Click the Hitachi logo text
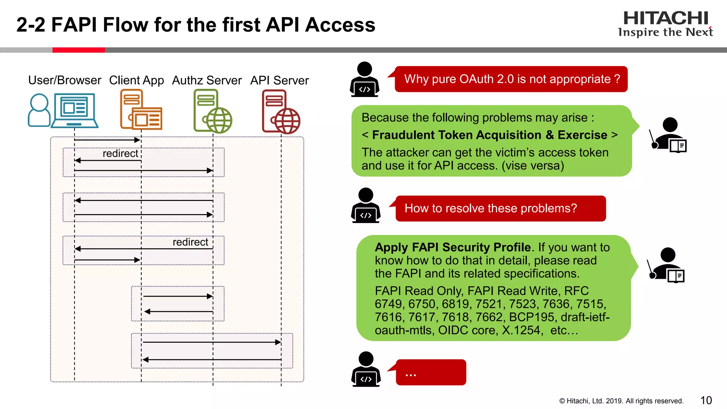pyautogui.click(x=665, y=18)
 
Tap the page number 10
pyautogui.click(x=706, y=400)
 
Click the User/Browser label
pyautogui.click(x=65, y=80)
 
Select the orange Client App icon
pyautogui.click(x=141, y=110)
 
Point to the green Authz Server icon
pyautogui.click(x=212, y=111)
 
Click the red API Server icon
pyautogui.click(x=280, y=111)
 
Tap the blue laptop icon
pyautogui.click(x=75, y=110)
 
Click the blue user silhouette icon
pyautogui.click(x=39, y=110)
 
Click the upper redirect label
pyautogui.click(x=120, y=153)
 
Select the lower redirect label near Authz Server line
pyautogui.click(x=190, y=242)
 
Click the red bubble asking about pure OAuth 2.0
pyautogui.click(x=511, y=79)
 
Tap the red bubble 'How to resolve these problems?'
pyautogui.click(x=501, y=208)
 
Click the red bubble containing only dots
pyautogui.click(x=431, y=372)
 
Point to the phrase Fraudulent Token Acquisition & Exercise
pyautogui.click(x=490, y=135)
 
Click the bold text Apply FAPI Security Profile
pyautogui.click(x=453, y=247)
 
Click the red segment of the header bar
pyautogui.click(x=78, y=50)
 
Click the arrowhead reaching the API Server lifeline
pyautogui.click(x=278, y=342)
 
